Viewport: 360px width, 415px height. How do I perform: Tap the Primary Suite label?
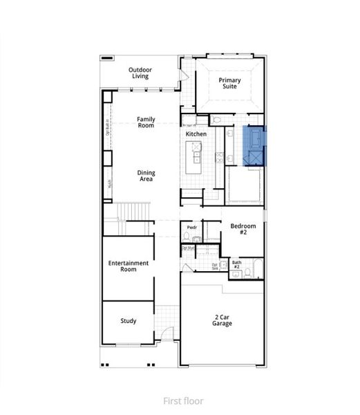(x=230, y=84)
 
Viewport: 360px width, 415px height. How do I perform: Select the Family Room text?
(x=146, y=122)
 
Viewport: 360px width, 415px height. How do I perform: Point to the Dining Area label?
(x=146, y=176)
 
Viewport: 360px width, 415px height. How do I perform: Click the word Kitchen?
(x=196, y=133)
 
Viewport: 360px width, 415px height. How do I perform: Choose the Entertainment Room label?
(x=129, y=266)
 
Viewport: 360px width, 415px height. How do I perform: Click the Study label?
(x=128, y=321)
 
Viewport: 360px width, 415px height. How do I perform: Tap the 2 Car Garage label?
(x=222, y=320)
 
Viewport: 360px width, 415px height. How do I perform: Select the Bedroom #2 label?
(x=243, y=230)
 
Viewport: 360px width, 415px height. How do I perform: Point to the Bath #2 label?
(x=236, y=264)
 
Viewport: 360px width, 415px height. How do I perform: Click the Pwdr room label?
(x=191, y=227)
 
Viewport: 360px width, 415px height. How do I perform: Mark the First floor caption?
(x=180, y=400)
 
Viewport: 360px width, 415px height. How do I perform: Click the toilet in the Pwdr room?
(x=187, y=237)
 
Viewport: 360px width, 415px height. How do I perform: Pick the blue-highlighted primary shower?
(x=255, y=158)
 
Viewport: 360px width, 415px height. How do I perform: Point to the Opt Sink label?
(x=215, y=266)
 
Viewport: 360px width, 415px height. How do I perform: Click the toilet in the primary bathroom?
(x=216, y=120)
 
